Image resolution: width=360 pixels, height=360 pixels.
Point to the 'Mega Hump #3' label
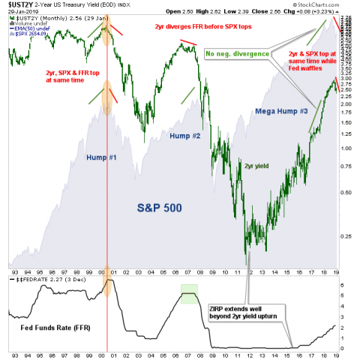277,111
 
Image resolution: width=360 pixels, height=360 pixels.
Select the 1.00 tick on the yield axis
347,148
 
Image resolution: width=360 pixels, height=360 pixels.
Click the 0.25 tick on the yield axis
347,236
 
